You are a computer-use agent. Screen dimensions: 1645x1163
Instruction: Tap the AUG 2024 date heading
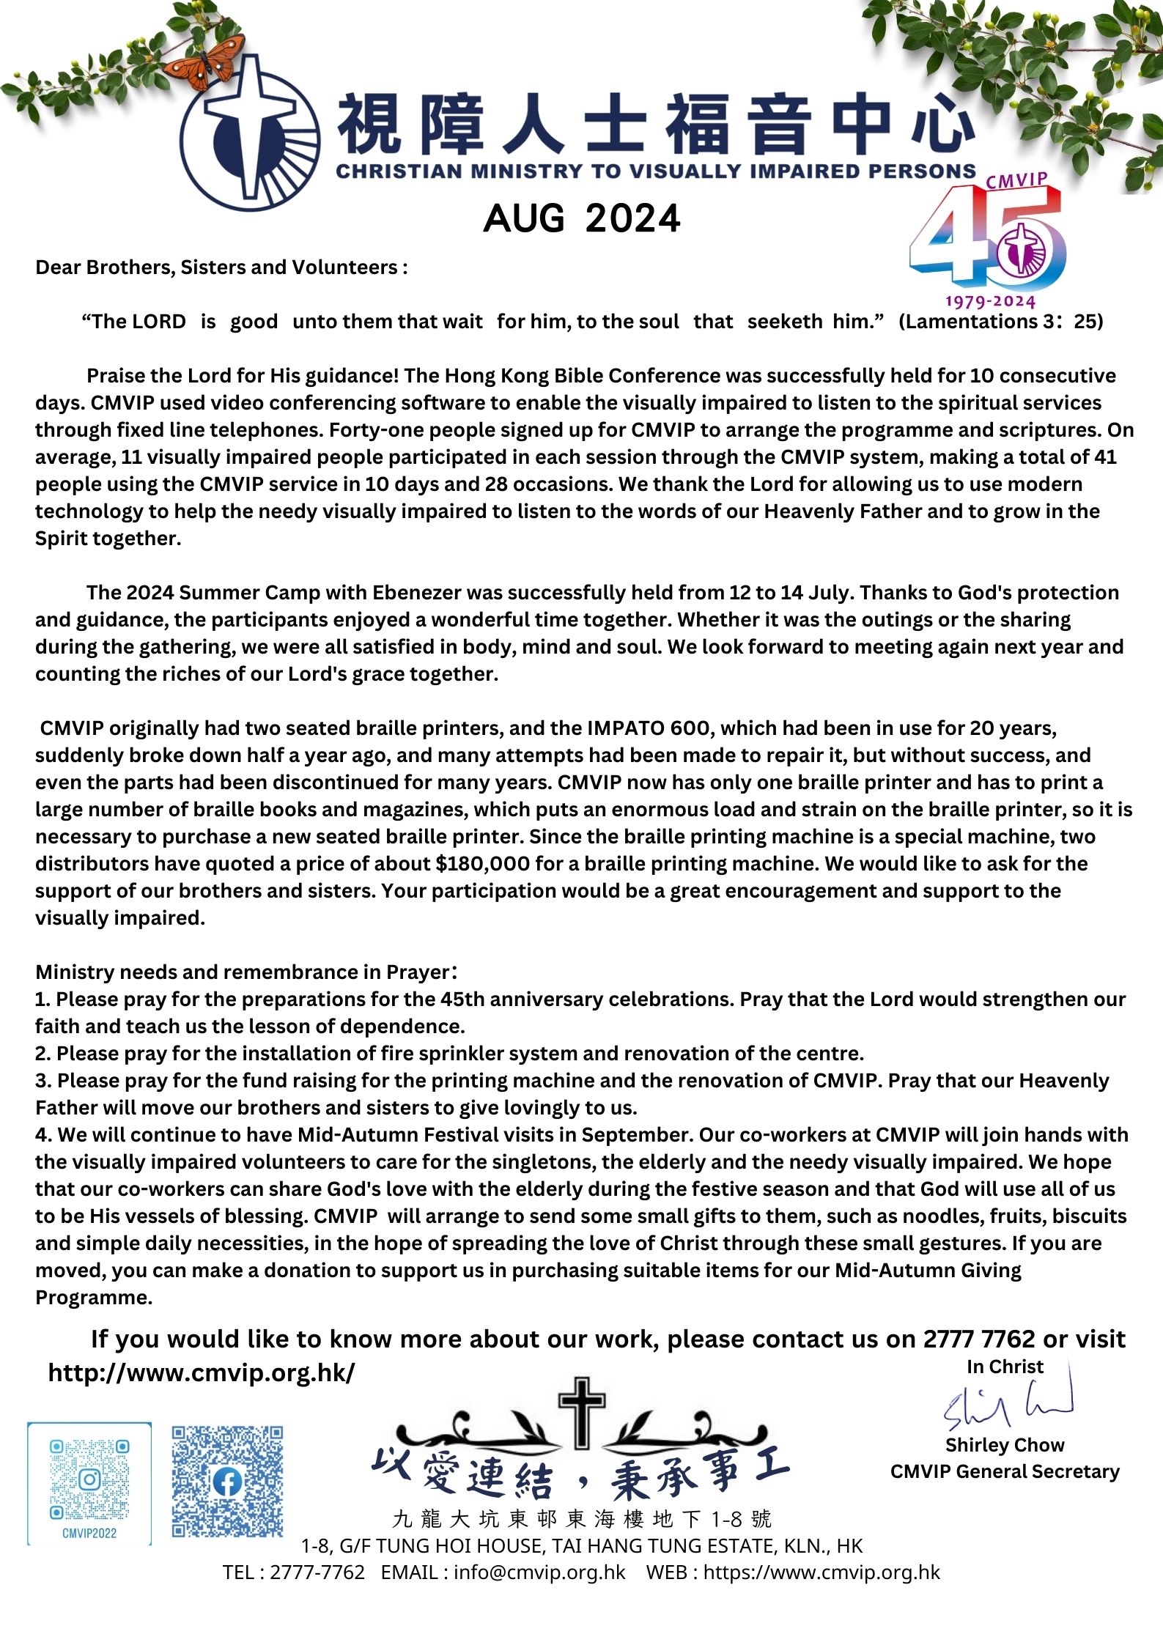(x=582, y=218)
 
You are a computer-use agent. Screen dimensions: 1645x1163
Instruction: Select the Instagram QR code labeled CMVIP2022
(x=89, y=1483)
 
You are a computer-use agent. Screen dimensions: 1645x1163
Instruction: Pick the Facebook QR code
(x=227, y=1481)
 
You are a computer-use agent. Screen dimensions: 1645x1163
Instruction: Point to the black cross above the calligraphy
(x=582, y=1411)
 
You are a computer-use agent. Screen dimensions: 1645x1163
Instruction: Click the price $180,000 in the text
(x=482, y=864)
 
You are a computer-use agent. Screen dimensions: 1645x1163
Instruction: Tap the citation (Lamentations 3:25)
(x=1000, y=322)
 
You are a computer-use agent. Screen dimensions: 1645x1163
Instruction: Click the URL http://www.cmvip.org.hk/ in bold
(x=202, y=1372)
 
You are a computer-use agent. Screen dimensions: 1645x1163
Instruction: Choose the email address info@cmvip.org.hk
(x=539, y=1572)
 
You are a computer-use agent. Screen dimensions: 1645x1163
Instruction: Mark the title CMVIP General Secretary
(x=1005, y=1472)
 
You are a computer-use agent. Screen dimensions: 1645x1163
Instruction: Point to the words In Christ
(x=1005, y=1367)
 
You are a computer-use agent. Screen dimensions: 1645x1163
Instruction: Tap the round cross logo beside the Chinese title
(x=249, y=133)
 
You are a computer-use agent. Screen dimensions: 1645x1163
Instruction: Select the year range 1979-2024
(x=990, y=302)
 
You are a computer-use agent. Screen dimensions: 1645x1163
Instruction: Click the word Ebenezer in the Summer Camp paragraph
(x=417, y=593)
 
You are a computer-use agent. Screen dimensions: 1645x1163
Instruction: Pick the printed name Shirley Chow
(x=1005, y=1445)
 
